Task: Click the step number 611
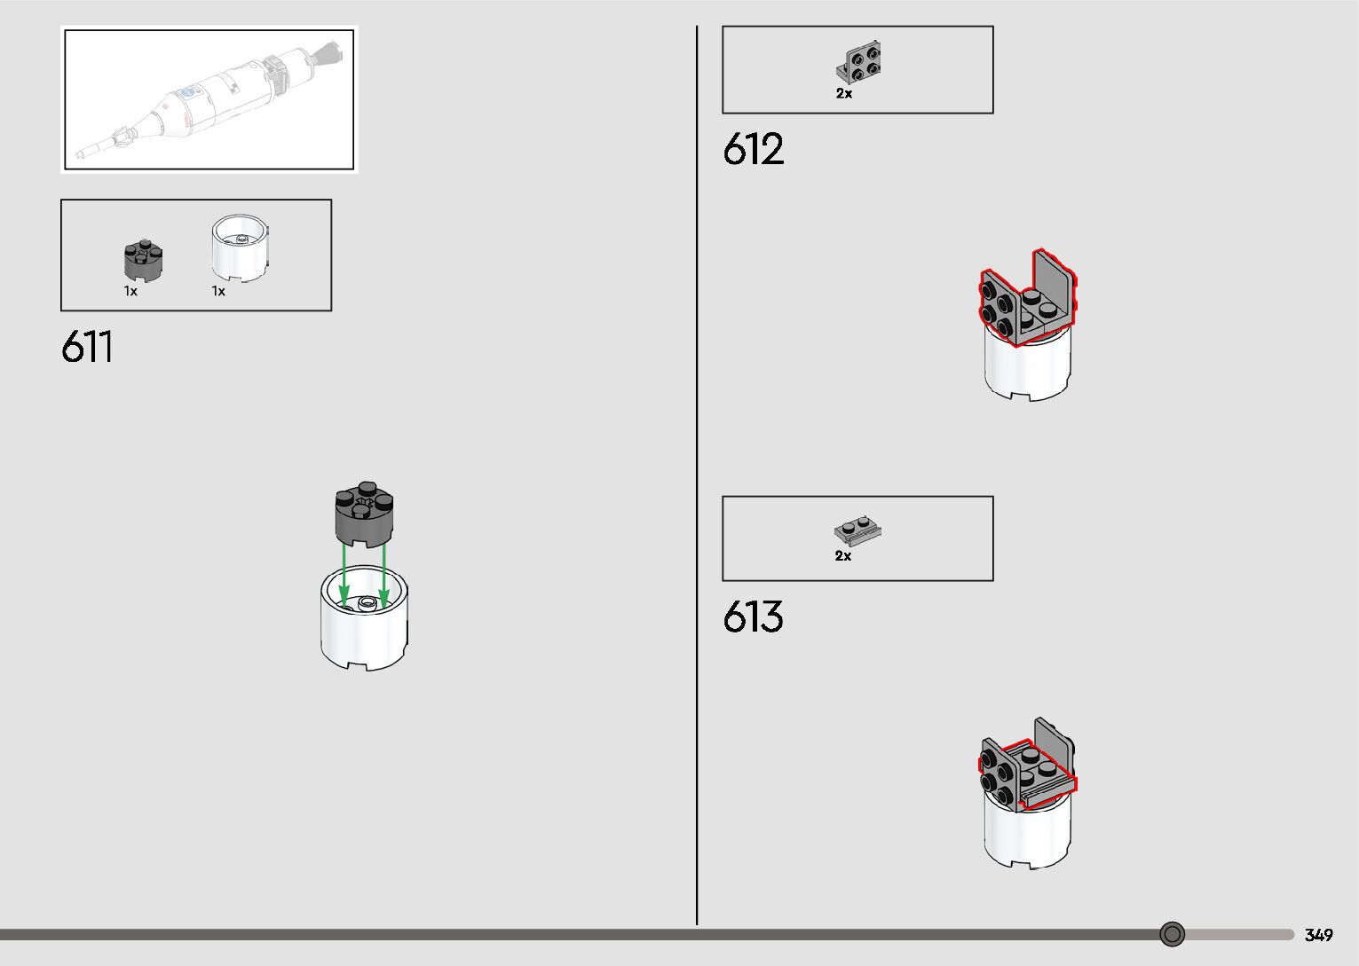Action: [87, 347]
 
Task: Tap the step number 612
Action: [753, 149]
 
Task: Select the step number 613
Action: [753, 617]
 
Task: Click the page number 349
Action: [1318, 935]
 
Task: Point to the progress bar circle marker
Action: [1173, 934]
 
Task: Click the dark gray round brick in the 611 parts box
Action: [144, 260]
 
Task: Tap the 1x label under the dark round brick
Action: [130, 291]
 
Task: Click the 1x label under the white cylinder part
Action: [218, 291]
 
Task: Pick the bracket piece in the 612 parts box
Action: [858, 63]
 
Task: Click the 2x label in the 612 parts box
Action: [843, 93]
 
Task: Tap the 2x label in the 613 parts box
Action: [842, 556]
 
